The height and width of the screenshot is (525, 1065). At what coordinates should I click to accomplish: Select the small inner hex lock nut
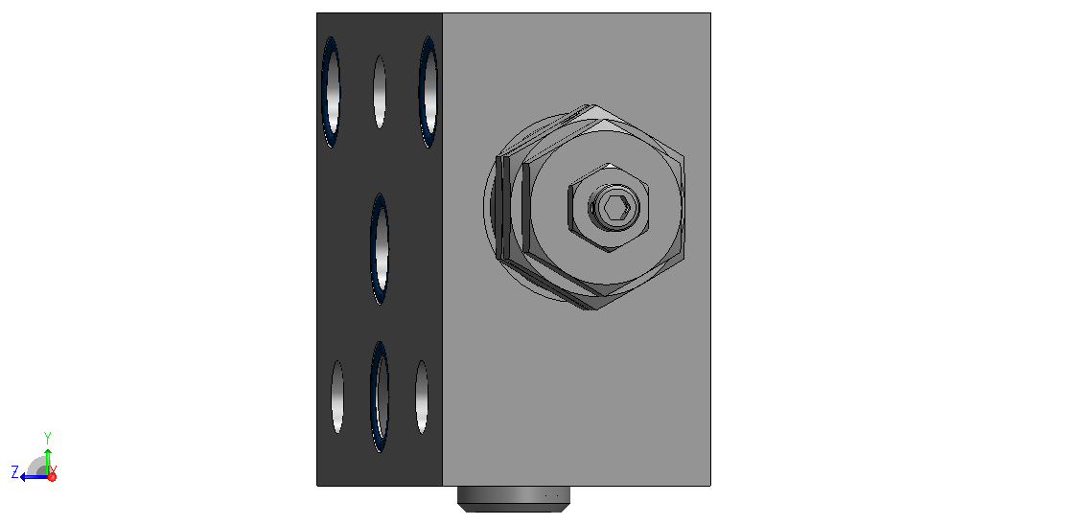(609, 208)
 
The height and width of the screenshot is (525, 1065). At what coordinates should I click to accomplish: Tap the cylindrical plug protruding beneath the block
(514, 498)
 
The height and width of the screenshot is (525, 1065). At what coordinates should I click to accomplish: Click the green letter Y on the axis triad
(48, 437)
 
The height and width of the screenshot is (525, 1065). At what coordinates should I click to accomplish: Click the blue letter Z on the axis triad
(15, 471)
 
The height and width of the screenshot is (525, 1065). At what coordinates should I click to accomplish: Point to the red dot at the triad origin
(53, 477)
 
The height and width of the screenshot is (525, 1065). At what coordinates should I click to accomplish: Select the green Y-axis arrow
(48, 462)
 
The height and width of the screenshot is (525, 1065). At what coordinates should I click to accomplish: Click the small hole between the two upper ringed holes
(380, 92)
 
